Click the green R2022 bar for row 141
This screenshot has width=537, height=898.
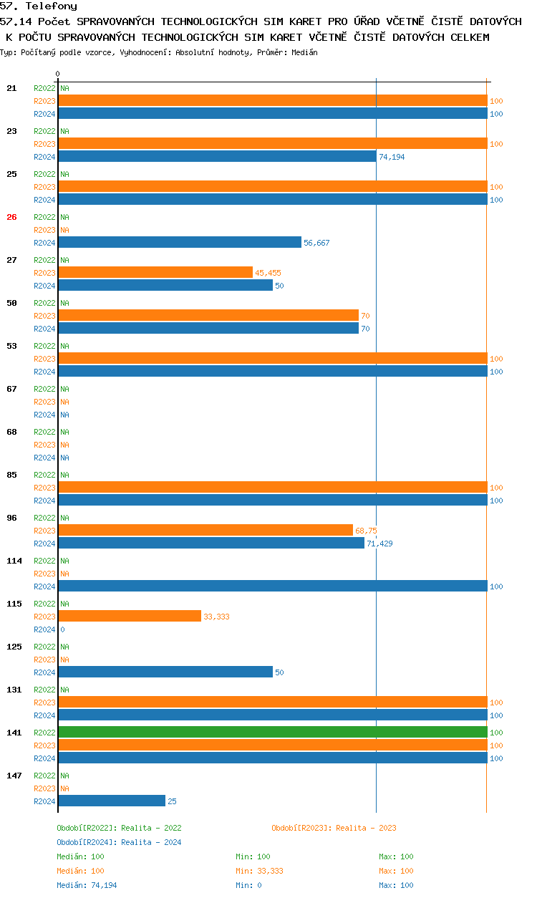point(272,732)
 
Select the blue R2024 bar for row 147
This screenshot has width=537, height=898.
point(112,801)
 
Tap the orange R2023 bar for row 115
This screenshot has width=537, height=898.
point(130,616)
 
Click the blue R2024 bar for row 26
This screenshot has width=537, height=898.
point(180,242)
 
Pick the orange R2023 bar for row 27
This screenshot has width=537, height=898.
point(155,272)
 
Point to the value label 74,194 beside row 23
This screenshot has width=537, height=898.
point(392,157)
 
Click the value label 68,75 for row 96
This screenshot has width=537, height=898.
point(366,531)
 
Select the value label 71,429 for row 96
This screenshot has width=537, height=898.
point(379,544)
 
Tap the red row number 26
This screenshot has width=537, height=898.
point(11,217)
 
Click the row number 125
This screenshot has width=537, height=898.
point(14,647)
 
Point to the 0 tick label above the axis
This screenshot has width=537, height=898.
point(58,74)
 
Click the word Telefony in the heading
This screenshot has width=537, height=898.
point(51,6)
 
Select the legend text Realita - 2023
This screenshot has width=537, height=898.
point(366,828)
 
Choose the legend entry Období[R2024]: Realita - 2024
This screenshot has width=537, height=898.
point(119,842)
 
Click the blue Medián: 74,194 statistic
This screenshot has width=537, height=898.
point(87,885)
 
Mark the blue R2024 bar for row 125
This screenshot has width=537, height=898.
point(165,672)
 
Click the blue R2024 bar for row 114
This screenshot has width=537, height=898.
point(272,586)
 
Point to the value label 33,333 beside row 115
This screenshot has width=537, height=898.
point(216,617)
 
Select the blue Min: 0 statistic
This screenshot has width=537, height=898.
point(248,885)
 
